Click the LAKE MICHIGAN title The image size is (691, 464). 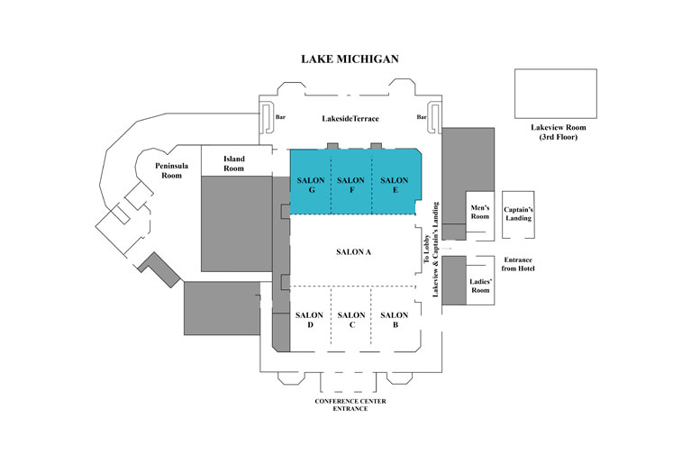[x=350, y=59]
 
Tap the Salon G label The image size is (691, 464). [x=311, y=185]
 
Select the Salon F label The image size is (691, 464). [x=350, y=185]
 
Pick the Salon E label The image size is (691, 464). [x=395, y=185]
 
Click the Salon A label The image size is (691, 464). [x=353, y=252]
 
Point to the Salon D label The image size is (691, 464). [x=309, y=320]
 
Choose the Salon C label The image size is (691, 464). [x=351, y=320]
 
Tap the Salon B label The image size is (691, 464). [x=395, y=320]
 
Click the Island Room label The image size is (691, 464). [x=233, y=163]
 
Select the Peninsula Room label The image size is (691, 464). [x=171, y=170]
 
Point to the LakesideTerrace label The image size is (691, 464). [x=350, y=119]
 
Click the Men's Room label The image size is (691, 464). [x=480, y=212]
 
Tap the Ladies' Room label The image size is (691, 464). [x=480, y=286]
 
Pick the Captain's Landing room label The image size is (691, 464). [x=518, y=214]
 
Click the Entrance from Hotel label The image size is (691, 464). [x=518, y=264]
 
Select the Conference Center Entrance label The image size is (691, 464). [x=350, y=405]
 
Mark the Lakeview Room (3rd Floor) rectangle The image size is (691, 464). [x=556, y=94]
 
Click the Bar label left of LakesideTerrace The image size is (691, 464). [x=280, y=117]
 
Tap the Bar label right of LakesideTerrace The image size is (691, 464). [x=422, y=117]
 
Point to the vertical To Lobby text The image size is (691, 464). [x=426, y=249]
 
